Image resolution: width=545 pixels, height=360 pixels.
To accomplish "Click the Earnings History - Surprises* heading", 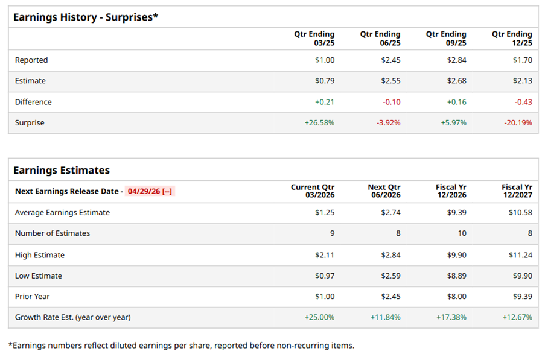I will pyautogui.click(x=85, y=17).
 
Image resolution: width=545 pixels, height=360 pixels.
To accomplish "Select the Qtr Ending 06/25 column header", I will pyautogui.click(x=380, y=39).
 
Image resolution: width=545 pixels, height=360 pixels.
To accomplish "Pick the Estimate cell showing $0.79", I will pyautogui.click(x=324, y=81).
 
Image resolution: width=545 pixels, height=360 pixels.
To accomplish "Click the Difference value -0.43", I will pyautogui.click(x=523, y=102).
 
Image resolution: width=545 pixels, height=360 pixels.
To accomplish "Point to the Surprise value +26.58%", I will pyautogui.click(x=319, y=123).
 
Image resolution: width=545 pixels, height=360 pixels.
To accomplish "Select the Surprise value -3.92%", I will pyautogui.click(x=387, y=123).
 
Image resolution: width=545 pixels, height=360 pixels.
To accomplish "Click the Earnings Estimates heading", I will pyautogui.click(x=62, y=170).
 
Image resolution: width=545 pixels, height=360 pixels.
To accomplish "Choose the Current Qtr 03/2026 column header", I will pyautogui.click(x=313, y=191).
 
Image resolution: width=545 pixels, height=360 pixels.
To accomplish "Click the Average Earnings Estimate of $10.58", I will pyautogui.click(x=520, y=212).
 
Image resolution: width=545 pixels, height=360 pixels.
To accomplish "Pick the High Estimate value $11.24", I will pyautogui.click(x=520, y=255).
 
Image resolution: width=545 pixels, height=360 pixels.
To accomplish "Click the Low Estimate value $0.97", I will pyautogui.click(x=324, y=276).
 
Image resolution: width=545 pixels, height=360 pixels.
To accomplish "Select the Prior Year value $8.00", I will pyautogui.click(x=456, y=297).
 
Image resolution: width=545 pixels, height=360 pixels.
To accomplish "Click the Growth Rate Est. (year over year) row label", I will pyautogui.click(x=72, y=317).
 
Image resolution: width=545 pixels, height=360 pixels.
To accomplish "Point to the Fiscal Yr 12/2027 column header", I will pyautogui.click(x=517, y=191).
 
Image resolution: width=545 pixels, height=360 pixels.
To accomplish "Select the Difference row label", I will pyautogui.click(x=33, y=102).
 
